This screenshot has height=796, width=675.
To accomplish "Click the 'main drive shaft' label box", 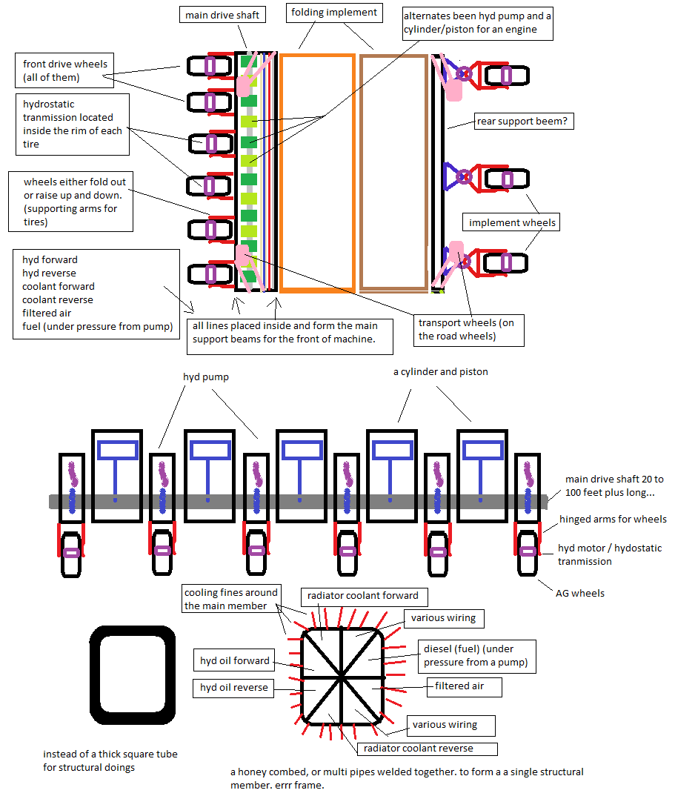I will point(222,15).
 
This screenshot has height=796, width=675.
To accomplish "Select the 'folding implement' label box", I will point(333,13).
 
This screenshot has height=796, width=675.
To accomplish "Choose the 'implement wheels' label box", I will point(512,222).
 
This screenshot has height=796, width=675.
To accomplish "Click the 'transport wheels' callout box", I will point(468,330).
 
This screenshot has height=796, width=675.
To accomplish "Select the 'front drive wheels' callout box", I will point(65,71).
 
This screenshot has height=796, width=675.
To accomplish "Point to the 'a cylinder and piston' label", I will point(440,372).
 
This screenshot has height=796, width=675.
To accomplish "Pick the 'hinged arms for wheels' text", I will point(613,520).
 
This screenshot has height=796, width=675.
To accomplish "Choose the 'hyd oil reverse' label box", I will point(233,688).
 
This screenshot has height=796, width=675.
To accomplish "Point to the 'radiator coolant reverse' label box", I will point(426,748).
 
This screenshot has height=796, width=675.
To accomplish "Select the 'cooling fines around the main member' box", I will point(231,599).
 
